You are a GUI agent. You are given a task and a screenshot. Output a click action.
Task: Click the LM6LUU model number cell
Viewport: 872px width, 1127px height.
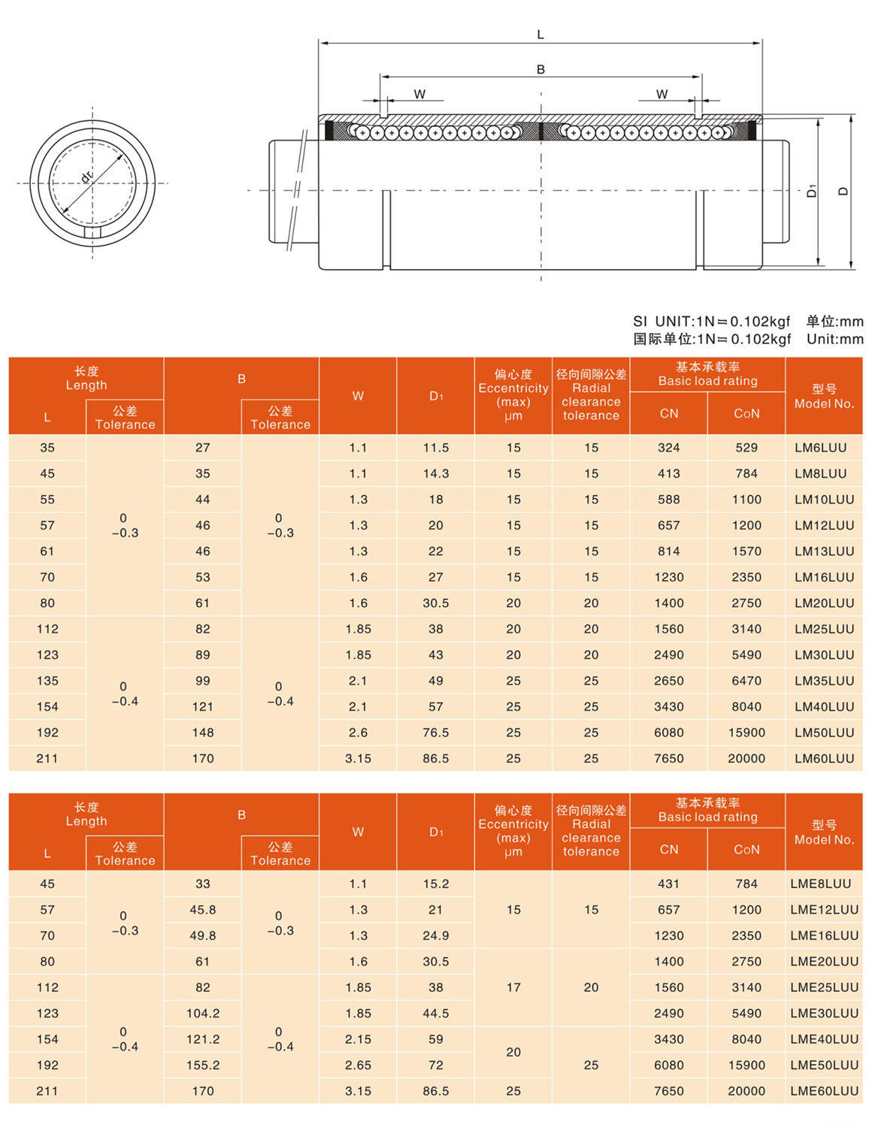coord(820,448)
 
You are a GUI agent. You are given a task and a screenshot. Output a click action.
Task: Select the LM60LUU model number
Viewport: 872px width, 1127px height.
coord(824,759)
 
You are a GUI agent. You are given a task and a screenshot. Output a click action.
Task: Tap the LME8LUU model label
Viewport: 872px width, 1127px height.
coord(820,884)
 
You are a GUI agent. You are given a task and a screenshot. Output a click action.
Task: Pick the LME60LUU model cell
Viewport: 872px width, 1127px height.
coord(824,1091)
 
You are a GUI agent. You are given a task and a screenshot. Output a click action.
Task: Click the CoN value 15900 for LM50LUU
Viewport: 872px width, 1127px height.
coord(746,733)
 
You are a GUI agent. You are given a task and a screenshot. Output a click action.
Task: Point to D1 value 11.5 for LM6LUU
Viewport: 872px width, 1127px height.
coord(436,448)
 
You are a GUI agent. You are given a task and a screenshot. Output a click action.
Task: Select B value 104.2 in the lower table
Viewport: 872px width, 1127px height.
coord(203,1014)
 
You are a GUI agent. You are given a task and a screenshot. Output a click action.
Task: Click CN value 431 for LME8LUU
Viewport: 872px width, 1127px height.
coord(668,884)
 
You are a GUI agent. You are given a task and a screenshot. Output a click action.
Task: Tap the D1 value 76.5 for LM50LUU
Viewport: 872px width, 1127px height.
coord(436,733)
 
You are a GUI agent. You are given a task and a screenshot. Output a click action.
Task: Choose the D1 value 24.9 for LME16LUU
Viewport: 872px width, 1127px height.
coord(436,936)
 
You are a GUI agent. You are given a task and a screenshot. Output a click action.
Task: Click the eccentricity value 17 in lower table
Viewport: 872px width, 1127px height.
coord(513,987)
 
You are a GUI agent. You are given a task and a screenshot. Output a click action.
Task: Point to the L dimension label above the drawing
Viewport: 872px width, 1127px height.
coord(540,35)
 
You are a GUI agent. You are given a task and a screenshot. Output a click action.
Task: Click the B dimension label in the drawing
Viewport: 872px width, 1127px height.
coord(540,69)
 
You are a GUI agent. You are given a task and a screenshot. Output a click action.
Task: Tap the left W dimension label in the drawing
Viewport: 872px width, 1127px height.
coord(419,94)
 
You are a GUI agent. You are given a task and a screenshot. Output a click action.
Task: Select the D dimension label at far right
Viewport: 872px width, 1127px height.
coord(843,192)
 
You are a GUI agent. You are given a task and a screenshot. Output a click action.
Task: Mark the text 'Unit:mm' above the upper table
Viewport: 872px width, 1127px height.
coord(835,339)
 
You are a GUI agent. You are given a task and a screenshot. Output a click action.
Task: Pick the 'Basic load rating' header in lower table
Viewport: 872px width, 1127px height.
coord(707,817)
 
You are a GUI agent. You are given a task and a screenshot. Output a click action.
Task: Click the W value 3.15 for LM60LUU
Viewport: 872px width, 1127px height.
coord(358,759)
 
